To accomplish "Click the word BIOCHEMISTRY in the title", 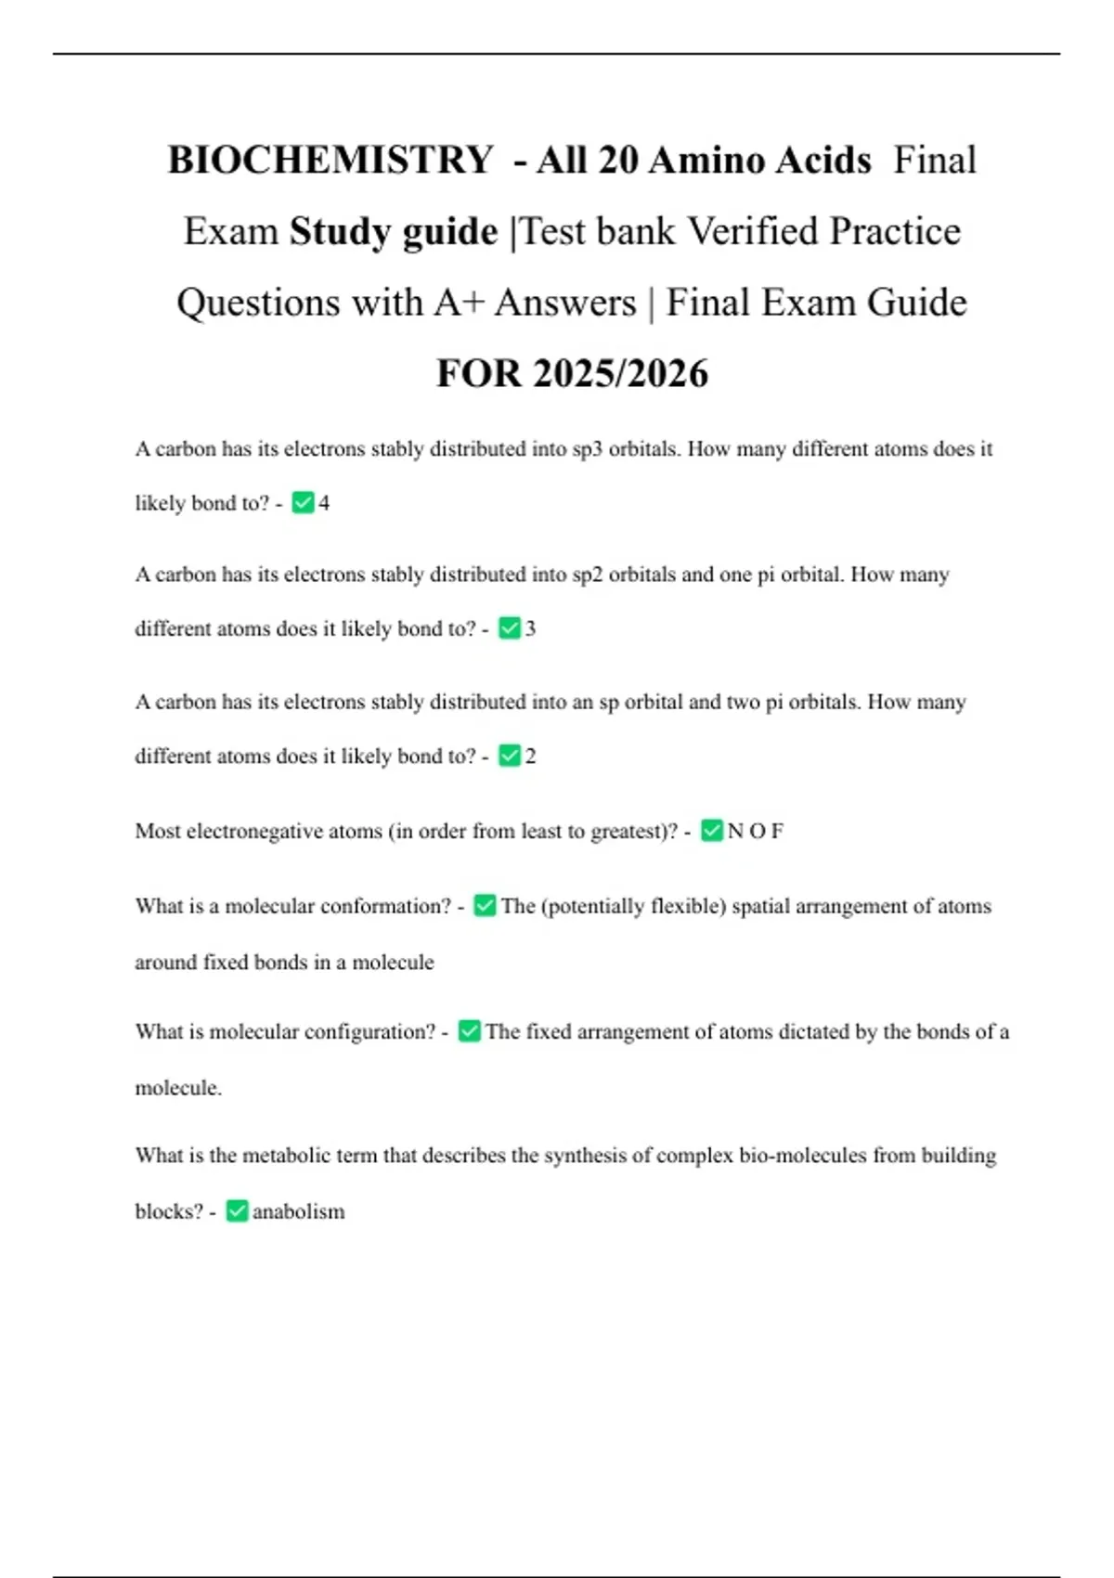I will (330, 160).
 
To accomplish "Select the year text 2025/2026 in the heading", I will (621, 373).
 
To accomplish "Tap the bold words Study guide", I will (394, 231).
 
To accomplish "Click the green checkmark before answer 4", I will (303, 503).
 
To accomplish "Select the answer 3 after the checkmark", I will (530, 628).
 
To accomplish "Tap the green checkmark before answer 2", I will (510, 756).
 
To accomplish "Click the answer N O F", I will (755, 831).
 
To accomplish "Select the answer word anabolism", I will (298, 1211).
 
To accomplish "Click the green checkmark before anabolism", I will (237, 1211).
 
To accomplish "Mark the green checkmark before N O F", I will (712, 831).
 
